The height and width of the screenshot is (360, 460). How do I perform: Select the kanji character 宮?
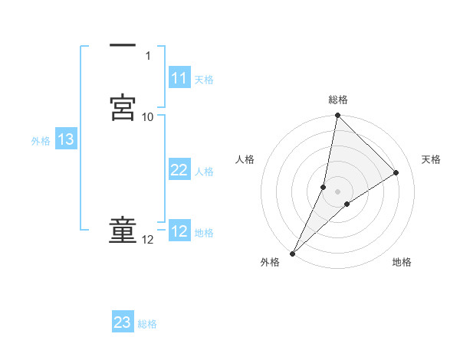coord(123,107)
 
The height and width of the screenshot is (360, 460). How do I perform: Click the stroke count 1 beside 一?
coord(148,56)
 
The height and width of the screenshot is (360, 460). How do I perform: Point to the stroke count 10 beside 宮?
coord(148,116)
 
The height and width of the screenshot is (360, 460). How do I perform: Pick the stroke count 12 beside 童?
coord(148,240)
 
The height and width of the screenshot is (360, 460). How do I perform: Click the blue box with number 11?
coord(179,78)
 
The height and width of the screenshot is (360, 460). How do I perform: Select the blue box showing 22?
coord(179,170)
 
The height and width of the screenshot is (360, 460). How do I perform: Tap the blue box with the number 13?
coord(65,139)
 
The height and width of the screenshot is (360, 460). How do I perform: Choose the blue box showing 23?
coord(123,322)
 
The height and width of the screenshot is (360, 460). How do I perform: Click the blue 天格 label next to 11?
coord(204,79)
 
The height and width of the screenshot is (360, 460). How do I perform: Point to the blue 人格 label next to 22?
coord(204,171)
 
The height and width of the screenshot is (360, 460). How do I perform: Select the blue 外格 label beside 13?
coord(41,140)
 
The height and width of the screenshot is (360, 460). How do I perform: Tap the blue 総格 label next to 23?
coord(148,323)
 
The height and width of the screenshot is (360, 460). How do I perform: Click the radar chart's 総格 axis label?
coord(338,100)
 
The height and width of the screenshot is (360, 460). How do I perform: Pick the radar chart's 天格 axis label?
coord(432,159)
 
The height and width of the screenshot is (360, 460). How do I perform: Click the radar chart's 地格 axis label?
coord(402,262)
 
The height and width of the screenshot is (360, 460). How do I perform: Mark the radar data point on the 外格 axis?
coord(292,254)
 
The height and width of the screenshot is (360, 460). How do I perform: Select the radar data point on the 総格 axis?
coord(337,116)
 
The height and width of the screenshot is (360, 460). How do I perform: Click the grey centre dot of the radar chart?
coord(337,191)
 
